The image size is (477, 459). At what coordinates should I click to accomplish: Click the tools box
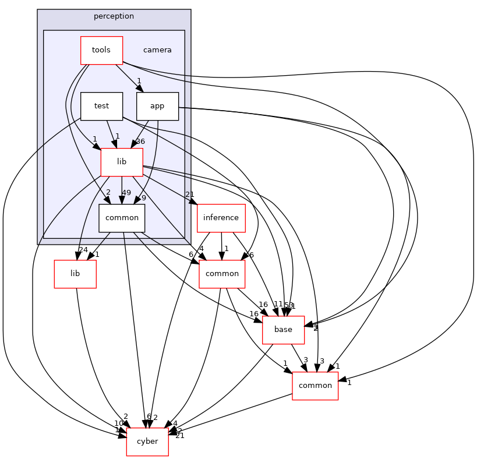coord(101,50)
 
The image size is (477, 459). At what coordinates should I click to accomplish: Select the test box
coord(101,107)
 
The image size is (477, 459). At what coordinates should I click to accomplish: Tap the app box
coord(157,107)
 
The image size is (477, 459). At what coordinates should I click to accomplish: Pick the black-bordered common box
coord(122,218)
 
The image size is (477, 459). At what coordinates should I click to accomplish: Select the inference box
coord(221,218)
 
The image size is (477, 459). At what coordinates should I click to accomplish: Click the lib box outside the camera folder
coord(75,274)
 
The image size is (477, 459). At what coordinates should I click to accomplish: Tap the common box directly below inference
coord(222,274)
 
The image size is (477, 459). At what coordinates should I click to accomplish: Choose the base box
coord(283,330)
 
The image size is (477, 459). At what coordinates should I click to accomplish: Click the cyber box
coord(147,442)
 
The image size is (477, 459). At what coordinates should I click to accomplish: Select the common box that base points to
coord(315,386)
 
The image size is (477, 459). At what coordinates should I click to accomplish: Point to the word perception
coord(114,16)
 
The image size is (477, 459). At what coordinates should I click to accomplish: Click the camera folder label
coord(157,50)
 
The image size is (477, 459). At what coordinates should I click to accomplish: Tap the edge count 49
coord(126,193)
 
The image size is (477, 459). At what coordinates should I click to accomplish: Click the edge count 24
coord(83,250)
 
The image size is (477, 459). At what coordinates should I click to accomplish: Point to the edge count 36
coord(140,142)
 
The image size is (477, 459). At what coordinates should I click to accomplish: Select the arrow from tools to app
coord(129,77)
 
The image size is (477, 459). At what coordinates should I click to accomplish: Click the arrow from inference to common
coord(221,245)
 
